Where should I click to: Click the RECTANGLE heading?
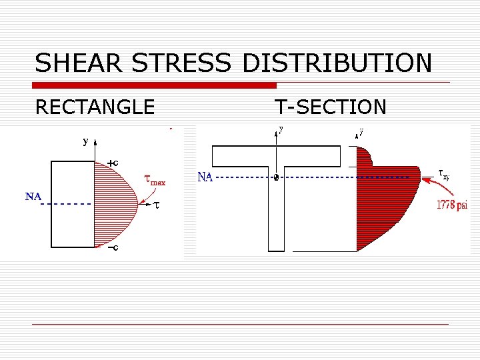95,107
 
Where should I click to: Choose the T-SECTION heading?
331,107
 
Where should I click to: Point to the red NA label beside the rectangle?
33,197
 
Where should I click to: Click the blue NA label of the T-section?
205,177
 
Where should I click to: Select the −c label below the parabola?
113,248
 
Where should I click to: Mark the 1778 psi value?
452,205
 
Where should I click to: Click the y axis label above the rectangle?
85,141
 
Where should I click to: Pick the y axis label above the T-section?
281,131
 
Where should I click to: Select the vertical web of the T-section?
277,213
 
